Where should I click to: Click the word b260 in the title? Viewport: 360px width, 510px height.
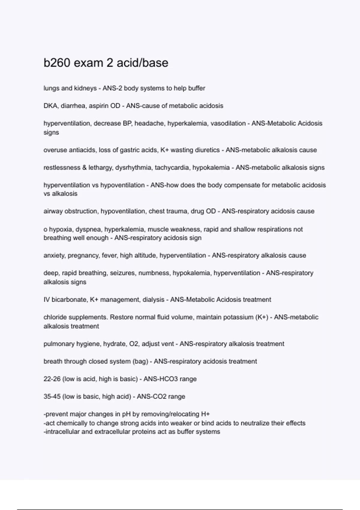click(x=57, y=63)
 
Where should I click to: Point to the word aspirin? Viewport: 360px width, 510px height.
click(x=98, y=106)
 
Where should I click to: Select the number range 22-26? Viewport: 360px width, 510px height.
click(x=52, y=379)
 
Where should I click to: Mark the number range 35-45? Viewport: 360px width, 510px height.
click(x=52, y=397)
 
